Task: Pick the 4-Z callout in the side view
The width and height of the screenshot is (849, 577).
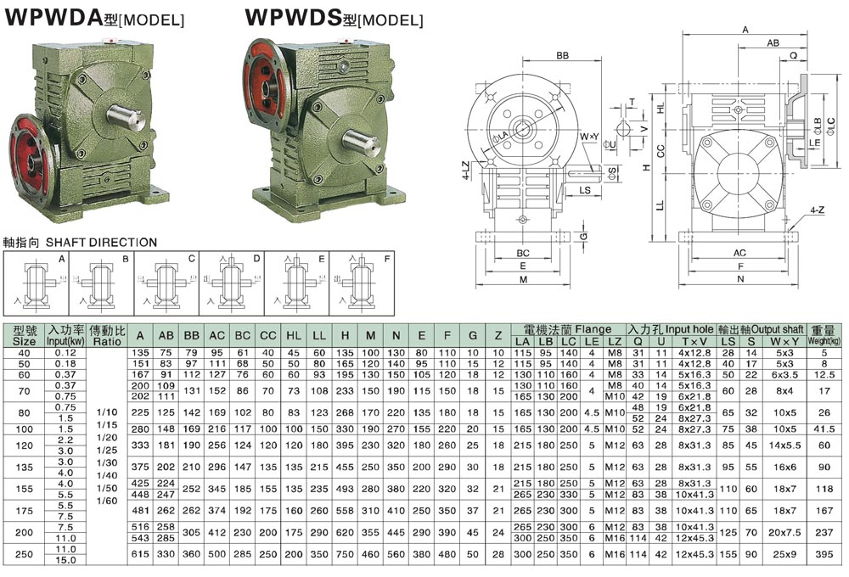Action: pos(817,208)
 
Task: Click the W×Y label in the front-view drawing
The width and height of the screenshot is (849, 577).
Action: pos(589,136)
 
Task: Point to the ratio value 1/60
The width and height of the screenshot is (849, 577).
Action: pos(107,501)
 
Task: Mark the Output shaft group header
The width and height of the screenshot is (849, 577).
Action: pos(761,329)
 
